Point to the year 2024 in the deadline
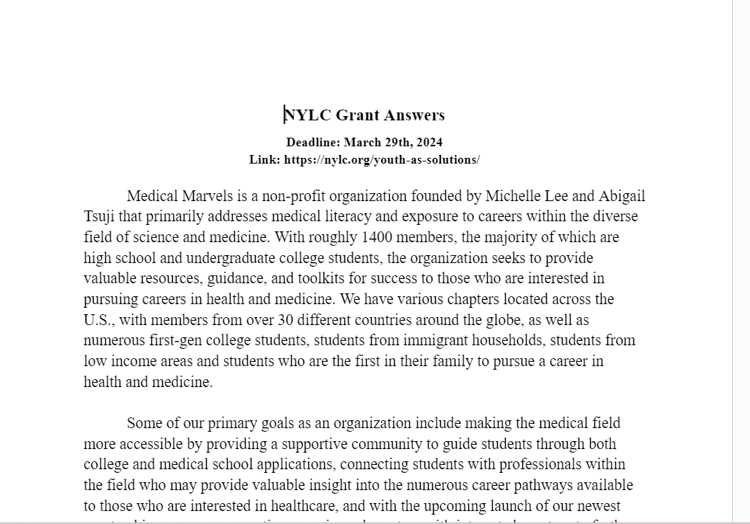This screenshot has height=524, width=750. (x=428, y=142)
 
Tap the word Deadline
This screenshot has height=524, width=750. (x=313, y=142)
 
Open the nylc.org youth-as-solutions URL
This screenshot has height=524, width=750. (x=382, y=160)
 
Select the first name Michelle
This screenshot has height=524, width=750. (x=512, y=196)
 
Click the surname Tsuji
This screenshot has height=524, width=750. (x=99, y=216)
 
